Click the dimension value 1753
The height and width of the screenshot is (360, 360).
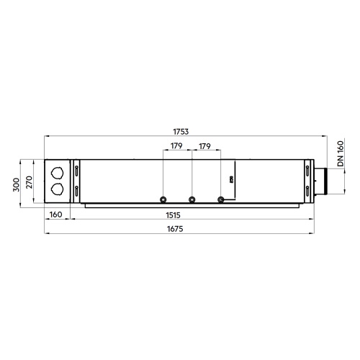click(180, 131)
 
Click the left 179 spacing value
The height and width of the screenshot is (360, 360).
click(176, 147)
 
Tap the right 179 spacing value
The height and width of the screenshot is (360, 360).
click(204, 147)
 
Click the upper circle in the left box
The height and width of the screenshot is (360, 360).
click(57, 174)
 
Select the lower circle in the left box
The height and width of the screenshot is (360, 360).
click(57, 191)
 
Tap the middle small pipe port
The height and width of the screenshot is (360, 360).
click(192, 199)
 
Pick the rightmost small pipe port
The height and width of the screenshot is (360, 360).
click(220, 199)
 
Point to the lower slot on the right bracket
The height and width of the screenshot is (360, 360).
click(307, 191)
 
